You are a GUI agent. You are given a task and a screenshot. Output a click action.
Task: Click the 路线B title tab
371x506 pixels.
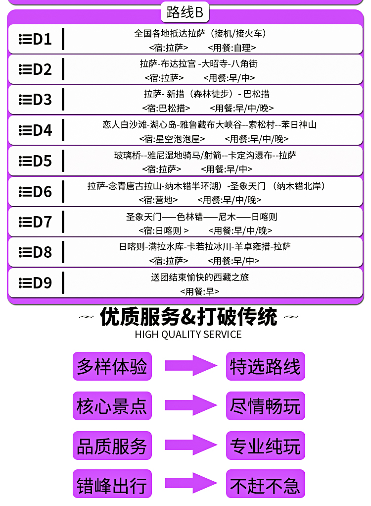pos(185,12)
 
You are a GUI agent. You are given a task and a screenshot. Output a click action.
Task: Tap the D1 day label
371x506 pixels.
pos(35,39)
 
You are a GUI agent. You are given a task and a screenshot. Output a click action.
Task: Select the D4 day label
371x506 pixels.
pos(35,130)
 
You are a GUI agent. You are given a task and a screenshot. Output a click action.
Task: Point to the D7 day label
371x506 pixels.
pos(35,222)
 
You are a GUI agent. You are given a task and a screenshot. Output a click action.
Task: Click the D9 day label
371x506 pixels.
pos(35,283)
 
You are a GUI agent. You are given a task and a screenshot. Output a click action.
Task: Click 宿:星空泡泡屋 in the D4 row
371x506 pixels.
pos(172,139)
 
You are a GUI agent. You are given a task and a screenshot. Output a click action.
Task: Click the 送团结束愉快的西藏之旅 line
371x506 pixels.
pos(200,277)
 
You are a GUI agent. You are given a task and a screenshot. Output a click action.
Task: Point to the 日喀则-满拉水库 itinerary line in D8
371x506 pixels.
pos(204,246)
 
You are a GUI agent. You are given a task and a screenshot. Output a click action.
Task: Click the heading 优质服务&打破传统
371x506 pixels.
pos(188,317)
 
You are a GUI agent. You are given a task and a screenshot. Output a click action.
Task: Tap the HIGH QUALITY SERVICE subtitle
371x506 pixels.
pos(188,335)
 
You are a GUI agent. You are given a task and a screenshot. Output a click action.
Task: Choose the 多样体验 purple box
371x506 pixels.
pos(112,367)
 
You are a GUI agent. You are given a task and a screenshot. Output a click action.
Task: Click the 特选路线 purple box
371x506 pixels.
pos(266,367)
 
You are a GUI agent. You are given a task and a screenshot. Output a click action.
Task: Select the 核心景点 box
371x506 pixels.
pos(112,406)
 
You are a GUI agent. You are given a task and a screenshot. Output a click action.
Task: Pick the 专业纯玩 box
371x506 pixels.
pos(266,446)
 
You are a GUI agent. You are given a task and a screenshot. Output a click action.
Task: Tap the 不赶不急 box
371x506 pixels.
pos(266,484)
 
